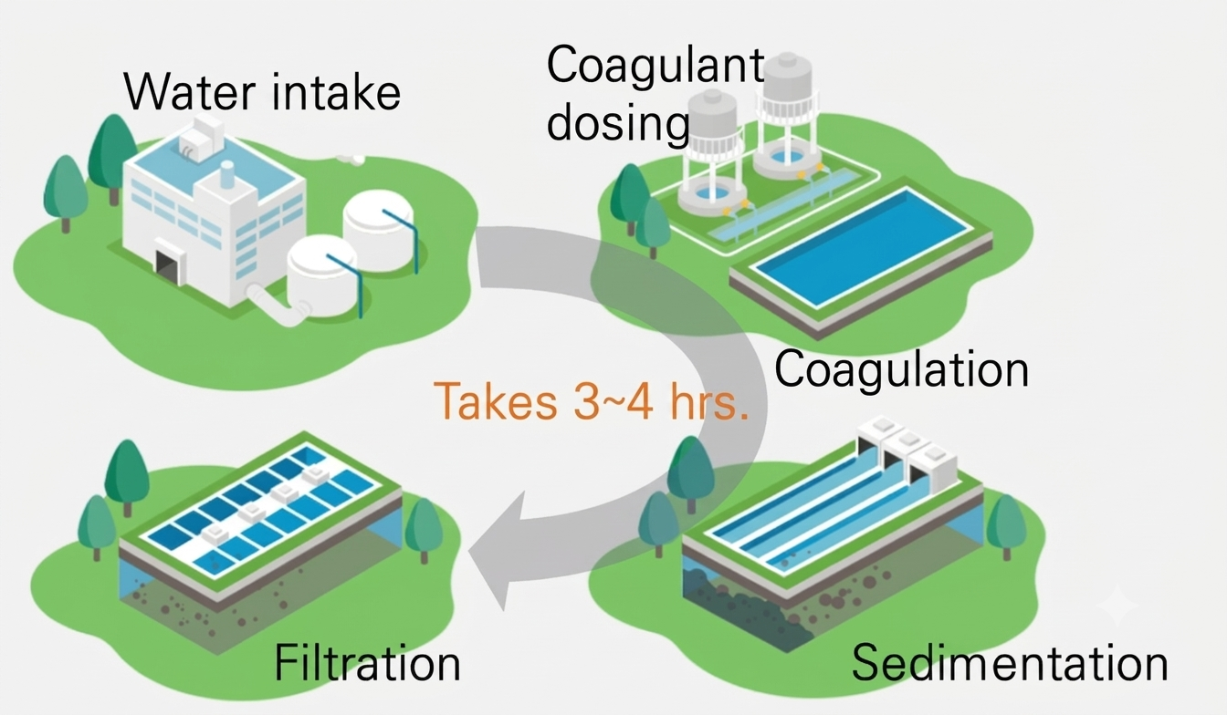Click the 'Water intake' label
pos(262,92)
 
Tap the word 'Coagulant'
pos(655,66)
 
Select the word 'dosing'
pos(618,122)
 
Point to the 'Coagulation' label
pos(901,369)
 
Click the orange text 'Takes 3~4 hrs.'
pos(591,401)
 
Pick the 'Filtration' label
pos(367,662)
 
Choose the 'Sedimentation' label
pos(1010,662)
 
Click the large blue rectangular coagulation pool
pos(860,246)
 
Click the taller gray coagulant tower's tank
pos(787,81)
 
